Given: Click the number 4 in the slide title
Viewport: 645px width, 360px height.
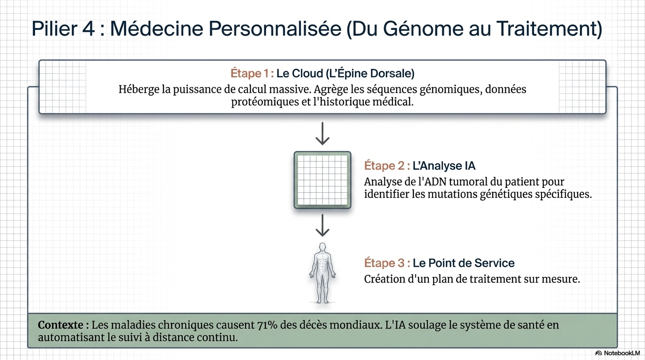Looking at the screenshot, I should click(x=89, y=29).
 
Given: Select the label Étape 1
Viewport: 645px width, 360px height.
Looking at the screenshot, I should click(x=252, y=74).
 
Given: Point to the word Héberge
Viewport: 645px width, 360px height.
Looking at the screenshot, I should click(x=138, y=89).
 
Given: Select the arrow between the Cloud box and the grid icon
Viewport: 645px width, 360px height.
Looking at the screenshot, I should click(x=322, y=134).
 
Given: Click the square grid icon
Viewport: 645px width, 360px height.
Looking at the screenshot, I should click(x=322, y=180).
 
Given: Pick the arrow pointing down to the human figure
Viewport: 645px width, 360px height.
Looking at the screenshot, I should click(x=322, y=225).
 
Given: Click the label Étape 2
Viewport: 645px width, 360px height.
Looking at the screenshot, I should click(x=387, y=166).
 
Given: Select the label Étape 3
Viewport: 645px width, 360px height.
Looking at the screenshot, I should click(x=387, y=263).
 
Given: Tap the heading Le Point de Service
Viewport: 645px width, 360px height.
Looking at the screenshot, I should click(x=464, y=263).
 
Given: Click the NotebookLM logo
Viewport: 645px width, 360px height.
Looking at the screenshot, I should click(x=618, y=353).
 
